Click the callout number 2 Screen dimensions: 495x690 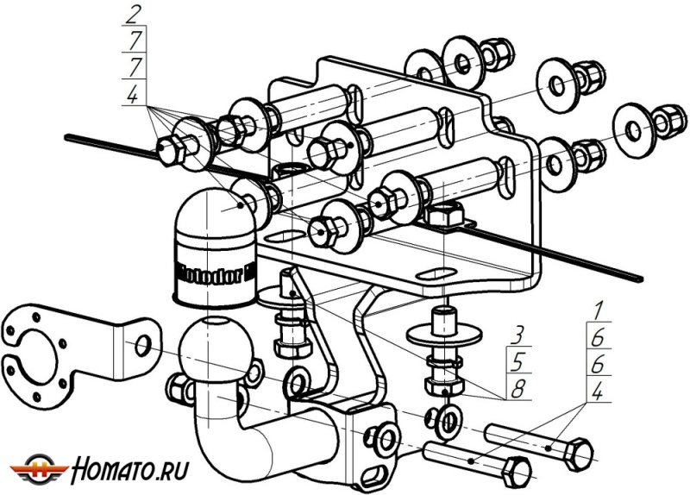tap(132, 15)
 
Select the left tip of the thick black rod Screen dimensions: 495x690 tap(67, 135)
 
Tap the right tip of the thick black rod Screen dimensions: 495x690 tap(640, 278)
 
